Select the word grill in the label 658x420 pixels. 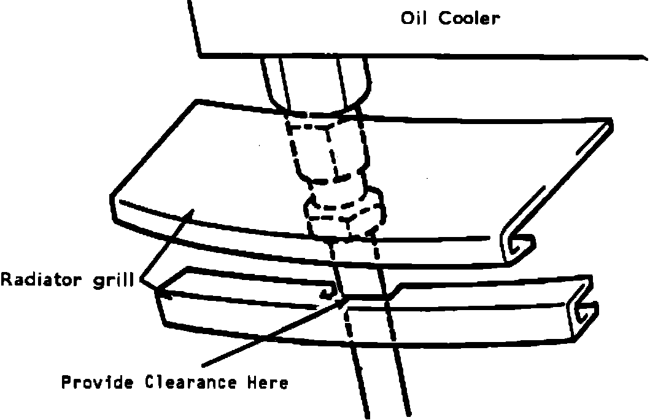[118, 281]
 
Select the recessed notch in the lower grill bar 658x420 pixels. [368, 297]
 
